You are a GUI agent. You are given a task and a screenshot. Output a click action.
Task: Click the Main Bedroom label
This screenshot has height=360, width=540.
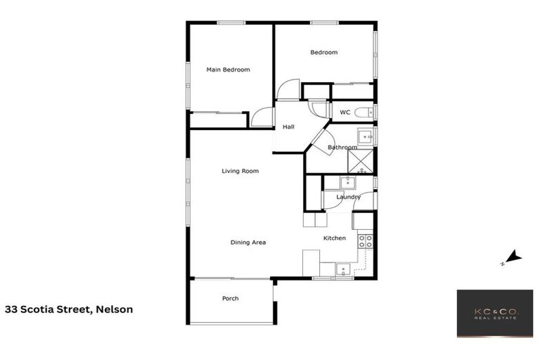(228, 70)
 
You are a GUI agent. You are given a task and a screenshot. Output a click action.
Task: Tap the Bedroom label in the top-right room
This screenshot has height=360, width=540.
(324, 52)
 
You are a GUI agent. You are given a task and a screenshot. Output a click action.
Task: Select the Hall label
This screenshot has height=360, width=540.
(288, 127)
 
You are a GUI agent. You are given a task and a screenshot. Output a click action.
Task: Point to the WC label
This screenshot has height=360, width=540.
(345, 112)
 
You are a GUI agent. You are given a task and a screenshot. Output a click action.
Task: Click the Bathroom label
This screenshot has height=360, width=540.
(342, 148)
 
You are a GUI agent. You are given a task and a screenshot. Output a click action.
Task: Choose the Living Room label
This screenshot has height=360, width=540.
(240, 171)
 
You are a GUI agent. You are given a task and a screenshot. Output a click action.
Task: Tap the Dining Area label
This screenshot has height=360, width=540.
(248, 243)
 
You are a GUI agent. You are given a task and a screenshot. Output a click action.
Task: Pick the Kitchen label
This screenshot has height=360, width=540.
(334, 238)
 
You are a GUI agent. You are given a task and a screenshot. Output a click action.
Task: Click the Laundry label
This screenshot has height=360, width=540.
(348, 198)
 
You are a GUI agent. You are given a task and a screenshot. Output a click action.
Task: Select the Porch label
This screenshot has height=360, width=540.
(230, 299)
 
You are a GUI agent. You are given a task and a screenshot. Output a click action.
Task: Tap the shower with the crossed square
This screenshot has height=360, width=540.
(363, 162)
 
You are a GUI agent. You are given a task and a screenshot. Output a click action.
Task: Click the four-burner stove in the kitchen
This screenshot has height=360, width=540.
(366, 242)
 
